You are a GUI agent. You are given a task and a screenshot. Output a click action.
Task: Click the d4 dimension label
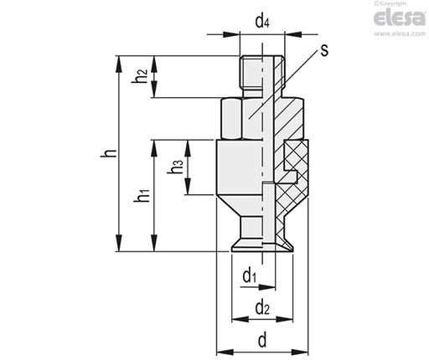262,22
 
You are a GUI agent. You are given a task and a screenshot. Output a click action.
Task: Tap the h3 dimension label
175,167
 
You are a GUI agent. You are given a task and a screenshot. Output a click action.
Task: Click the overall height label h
109,153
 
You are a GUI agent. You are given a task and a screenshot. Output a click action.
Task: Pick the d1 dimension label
250,276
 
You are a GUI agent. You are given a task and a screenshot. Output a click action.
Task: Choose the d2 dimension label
262,308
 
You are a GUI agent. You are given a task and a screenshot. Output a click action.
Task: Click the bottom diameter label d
262,340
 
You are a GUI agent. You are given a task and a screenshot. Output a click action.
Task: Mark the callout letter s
324,50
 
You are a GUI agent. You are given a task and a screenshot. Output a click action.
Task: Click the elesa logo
400,18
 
